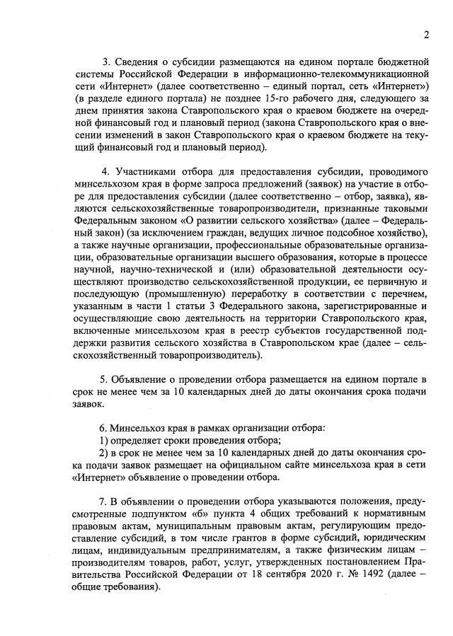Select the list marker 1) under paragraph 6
click(103, 440)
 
